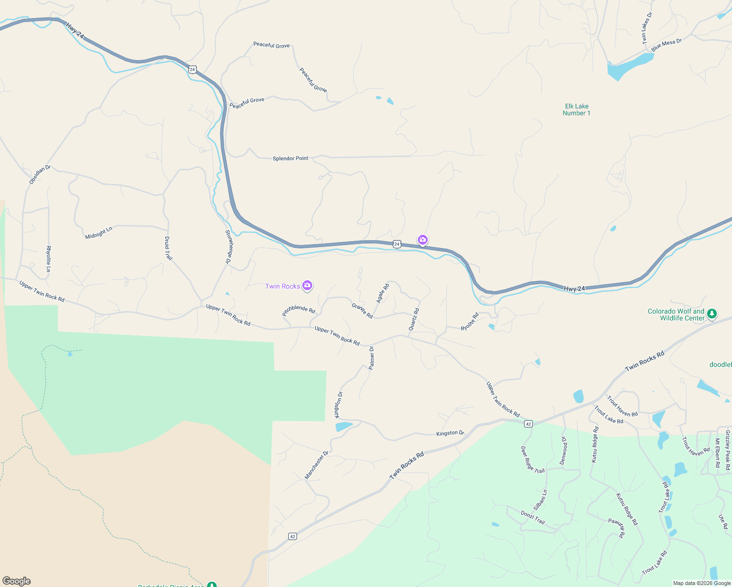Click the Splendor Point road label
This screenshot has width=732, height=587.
(x=291, y=158)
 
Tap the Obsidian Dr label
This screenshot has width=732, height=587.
(x=40, y=175)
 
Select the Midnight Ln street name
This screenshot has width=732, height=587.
(x=99, y=233)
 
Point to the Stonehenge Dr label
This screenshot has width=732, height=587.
(x=228, y=247)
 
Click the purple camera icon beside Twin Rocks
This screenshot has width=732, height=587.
(x=307, y=286)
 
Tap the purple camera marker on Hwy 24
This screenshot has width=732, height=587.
(x=423, y=240)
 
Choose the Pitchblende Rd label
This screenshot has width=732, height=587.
(x=298, y=311)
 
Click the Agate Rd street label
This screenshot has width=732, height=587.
(x=383, y=293)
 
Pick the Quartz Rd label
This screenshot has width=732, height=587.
(x=414, y=319)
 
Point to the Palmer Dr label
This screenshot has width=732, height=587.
(x=372, y=357)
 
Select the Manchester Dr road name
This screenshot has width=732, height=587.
(x=317, y=465)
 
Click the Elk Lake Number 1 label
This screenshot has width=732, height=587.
(x=576, y=110)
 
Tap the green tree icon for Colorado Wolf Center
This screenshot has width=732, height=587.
(x=712, y=314)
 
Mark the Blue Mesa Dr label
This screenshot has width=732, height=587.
(x=666, y=45)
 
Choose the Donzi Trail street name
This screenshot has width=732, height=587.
(x=533, y=517)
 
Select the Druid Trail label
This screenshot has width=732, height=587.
(x=168, y=248)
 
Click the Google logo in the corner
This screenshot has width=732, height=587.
(x=17, y=581)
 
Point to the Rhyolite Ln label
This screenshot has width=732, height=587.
(x=48, y=259)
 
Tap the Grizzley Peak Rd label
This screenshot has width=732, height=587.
(x=728, y=450)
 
